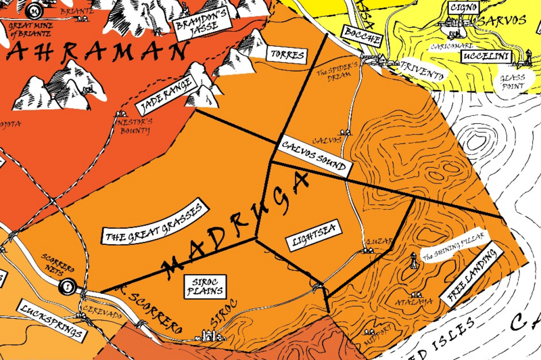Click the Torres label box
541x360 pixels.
coord(287,54)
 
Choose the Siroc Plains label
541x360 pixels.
coord(205,286)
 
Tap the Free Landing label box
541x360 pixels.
coord(473,274)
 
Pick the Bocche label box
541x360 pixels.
coord(362,37)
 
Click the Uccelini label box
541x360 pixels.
coord(486,58)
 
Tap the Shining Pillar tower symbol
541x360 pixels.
coord(413,260)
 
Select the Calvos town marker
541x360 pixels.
coord(346,133)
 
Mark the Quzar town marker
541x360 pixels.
coord(369,250)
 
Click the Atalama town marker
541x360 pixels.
coord(419,295)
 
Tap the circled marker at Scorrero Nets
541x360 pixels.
coord(68,287)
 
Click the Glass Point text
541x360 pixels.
coord(512,82)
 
